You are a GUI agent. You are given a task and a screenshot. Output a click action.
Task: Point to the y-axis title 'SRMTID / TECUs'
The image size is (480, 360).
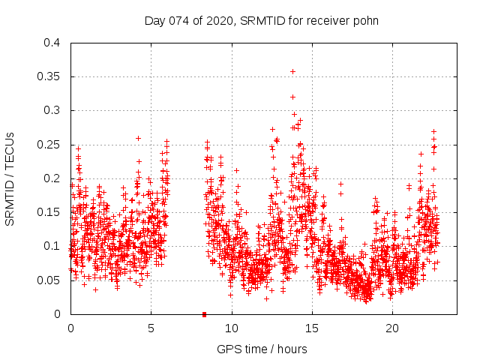tap(10, 178)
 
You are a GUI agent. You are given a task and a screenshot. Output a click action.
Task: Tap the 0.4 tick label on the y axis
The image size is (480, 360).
tap(51, 43)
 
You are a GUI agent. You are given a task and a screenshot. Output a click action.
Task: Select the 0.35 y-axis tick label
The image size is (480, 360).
tap(48, 76)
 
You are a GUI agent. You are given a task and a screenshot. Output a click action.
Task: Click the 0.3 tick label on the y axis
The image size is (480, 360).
tap(51, 110)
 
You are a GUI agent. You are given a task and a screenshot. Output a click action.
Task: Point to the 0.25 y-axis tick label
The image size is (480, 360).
tap(48, 145)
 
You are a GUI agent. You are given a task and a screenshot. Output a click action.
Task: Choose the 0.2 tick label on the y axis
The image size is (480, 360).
tap(51, 178)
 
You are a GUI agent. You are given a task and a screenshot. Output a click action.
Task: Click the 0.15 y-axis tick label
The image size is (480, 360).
tap(48, 212)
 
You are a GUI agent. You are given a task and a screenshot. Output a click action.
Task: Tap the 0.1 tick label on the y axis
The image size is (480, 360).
tap(51, 246)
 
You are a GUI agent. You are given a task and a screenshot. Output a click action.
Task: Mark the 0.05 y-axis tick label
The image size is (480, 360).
tap(48, 280)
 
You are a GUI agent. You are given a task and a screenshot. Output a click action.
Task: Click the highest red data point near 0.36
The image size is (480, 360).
tap(292, 71)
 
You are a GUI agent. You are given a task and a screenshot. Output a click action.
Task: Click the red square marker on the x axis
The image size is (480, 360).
tap(204, 314)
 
